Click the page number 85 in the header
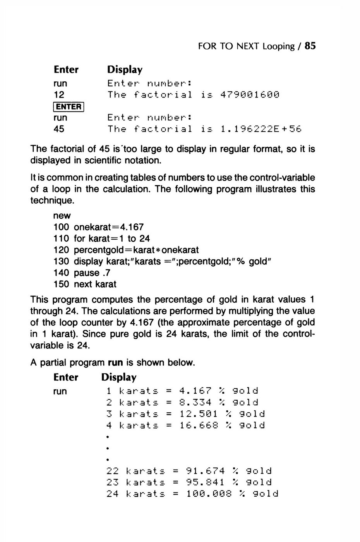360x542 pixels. (x=310, y=46)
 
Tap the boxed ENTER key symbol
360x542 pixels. (x=68, y=106)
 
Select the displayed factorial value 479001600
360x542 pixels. (x=249, y=95)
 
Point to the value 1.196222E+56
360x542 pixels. (x=260, y=129)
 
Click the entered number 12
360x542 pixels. (x=59, y=95)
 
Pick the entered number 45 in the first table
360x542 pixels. (x=59, y=129)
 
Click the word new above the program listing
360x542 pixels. (x=62, y=215)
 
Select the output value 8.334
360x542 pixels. (x=196, y=403)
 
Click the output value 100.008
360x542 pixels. (x=209, y=494)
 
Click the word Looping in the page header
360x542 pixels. (x=278, y=46)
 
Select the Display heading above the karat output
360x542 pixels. (x=119, y=377)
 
